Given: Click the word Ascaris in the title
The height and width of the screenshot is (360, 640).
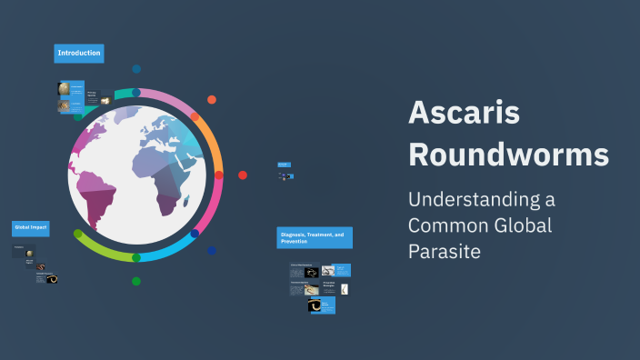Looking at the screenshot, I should (x=464, y=112).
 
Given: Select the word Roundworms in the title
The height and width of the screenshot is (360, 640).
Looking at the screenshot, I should (x=508, y=154).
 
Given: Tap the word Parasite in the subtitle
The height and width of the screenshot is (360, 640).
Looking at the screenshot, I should (x=444, y=248).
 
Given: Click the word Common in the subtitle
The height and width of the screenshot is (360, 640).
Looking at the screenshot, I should (x=442, y=224).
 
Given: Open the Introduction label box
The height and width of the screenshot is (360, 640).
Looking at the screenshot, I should (x=79, y=54).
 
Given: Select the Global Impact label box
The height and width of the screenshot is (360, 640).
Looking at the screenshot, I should (x=30, y=227).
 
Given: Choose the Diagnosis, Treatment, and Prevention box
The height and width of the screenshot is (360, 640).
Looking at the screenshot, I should (x=314, y=237).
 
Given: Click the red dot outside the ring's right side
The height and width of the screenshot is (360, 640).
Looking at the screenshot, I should (x=243, y=175).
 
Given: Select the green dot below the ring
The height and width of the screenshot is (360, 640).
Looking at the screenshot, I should (x=136, y=281).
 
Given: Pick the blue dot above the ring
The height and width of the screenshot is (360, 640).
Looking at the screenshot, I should (x=136, y=69).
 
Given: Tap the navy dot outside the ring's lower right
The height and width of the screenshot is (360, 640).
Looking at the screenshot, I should (x=212, y=251).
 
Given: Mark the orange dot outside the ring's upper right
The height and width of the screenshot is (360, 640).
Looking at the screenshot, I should (x=212, y=100).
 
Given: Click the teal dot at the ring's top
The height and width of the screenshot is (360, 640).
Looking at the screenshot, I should (x=136, y=93).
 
